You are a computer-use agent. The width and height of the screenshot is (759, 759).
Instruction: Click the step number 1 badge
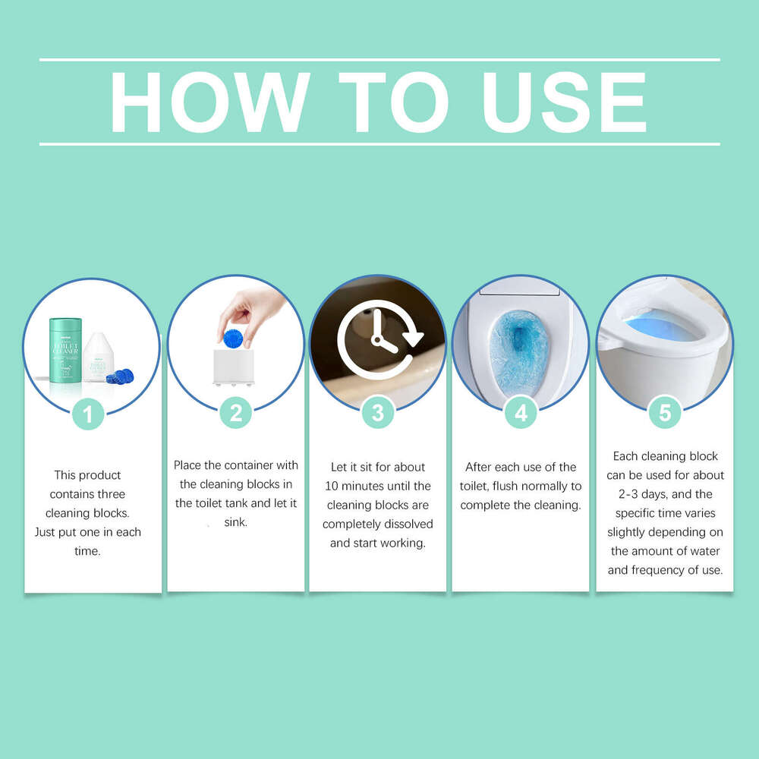click(x=89, y=414)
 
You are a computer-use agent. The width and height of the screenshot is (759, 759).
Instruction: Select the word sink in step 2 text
click(x=235, y=522)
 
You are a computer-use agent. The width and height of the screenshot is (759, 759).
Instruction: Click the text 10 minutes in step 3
click(x=360, y=486)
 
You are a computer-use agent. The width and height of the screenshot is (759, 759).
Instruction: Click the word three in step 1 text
click(x=110, y=494)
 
